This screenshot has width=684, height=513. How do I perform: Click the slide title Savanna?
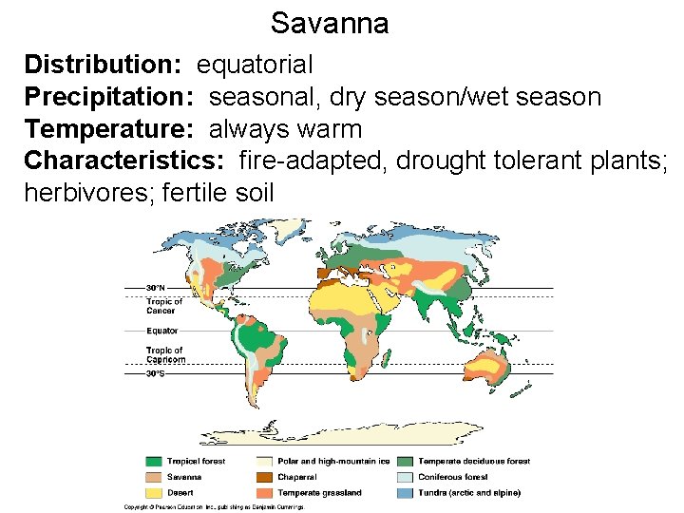(329, 23)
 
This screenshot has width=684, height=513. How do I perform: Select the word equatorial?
(255, 65)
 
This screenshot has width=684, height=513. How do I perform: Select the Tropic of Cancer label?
(163, 306)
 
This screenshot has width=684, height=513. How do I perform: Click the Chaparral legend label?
(298, 477)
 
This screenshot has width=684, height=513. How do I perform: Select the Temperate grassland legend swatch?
(263, 493)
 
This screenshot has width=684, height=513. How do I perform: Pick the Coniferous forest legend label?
(453, 477)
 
